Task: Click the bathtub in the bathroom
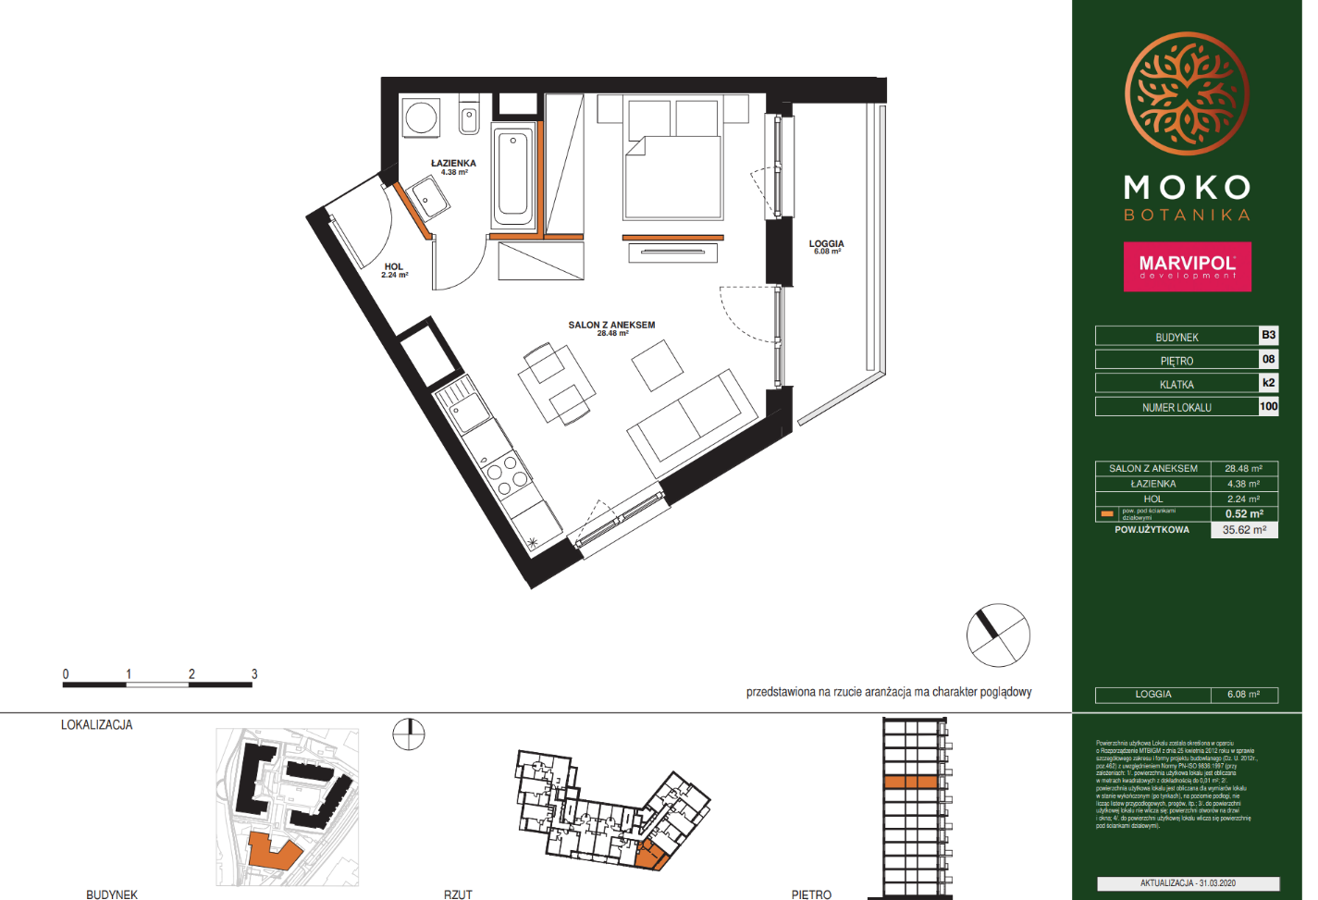pyautogui.click(x=513, y=176)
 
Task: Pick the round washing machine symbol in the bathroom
pyautogui.click(x=421, y=118)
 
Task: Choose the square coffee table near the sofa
pyautogui.click(x=658, y=365)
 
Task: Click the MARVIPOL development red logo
pyautogui.click(x=1187, y=267)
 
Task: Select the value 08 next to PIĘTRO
pyautogui.click(x=1268, y=360)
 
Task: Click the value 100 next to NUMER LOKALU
pyautogui.click(x=1268, y=406)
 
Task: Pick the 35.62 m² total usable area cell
pyautogui.click(x=1244, y=530)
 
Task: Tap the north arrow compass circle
pyautogui.click(x=998, y=635)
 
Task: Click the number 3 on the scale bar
pyautogui.click(x=254, y=674)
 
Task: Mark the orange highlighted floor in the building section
pyautogui.click(x=911, y=783)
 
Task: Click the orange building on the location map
pyautogui.click(x=272, y=851)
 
